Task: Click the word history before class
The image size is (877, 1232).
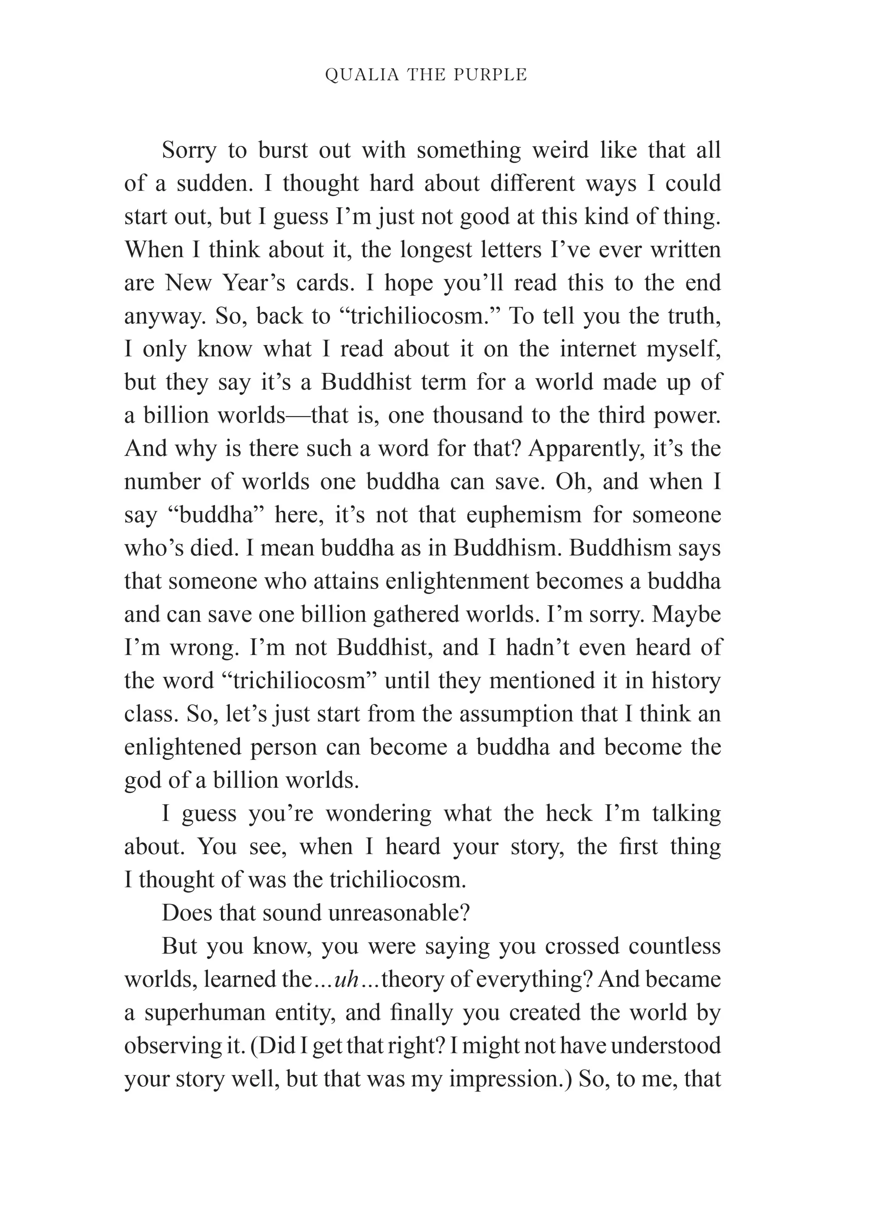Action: pyautogui.click(x=686, y=681)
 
